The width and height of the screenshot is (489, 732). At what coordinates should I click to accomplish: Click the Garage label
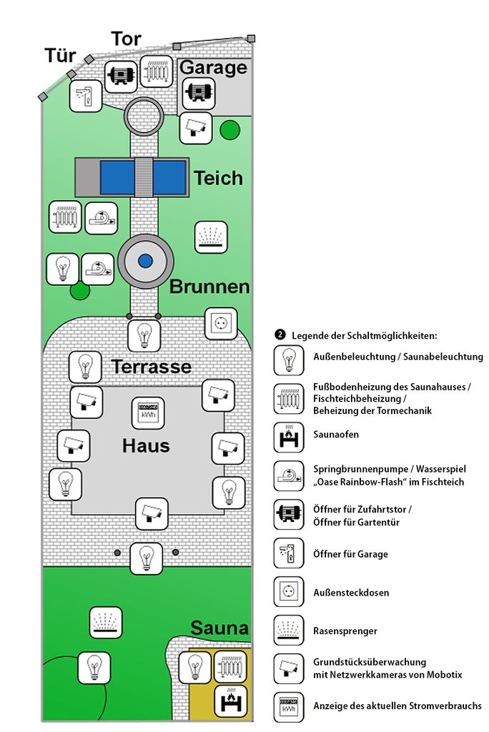tap(213, 67)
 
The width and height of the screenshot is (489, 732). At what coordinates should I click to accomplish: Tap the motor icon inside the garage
tap(199, 93)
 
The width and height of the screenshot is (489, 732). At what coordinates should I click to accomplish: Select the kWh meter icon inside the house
tap(148, 412)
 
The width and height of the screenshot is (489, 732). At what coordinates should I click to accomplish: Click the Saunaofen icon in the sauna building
tap(231, 701)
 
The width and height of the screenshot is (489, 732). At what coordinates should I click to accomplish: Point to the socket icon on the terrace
tap(221, 323)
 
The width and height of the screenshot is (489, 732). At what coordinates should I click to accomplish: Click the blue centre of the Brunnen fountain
tap(146, 260)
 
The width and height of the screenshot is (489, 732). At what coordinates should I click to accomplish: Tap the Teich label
tap(218, 178)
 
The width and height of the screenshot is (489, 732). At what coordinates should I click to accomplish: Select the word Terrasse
tap(152, 367)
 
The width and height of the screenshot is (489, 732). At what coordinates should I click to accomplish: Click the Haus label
tap(146, 445)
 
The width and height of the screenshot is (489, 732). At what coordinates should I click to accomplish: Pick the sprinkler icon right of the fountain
tap(211, 237)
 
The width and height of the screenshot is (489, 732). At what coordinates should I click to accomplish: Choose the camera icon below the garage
tap(196, 127)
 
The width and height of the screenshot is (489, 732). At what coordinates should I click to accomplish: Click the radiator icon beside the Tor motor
tap(157, 71)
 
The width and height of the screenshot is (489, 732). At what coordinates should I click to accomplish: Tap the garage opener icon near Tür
tap(86, 96)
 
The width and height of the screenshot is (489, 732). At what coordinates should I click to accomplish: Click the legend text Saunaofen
tap(336, 435)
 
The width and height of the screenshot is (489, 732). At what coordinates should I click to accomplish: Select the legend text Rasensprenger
tap(345, 631)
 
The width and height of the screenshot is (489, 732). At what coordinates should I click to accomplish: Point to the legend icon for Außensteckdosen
tap(289, 591)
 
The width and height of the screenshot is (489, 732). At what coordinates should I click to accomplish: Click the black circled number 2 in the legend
tap(280, 335)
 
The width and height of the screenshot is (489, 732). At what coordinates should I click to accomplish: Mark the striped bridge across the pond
tap(144, 177)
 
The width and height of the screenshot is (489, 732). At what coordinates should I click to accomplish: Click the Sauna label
tap(219, 628)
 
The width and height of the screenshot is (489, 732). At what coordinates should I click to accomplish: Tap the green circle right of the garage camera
tap(229, 130)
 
